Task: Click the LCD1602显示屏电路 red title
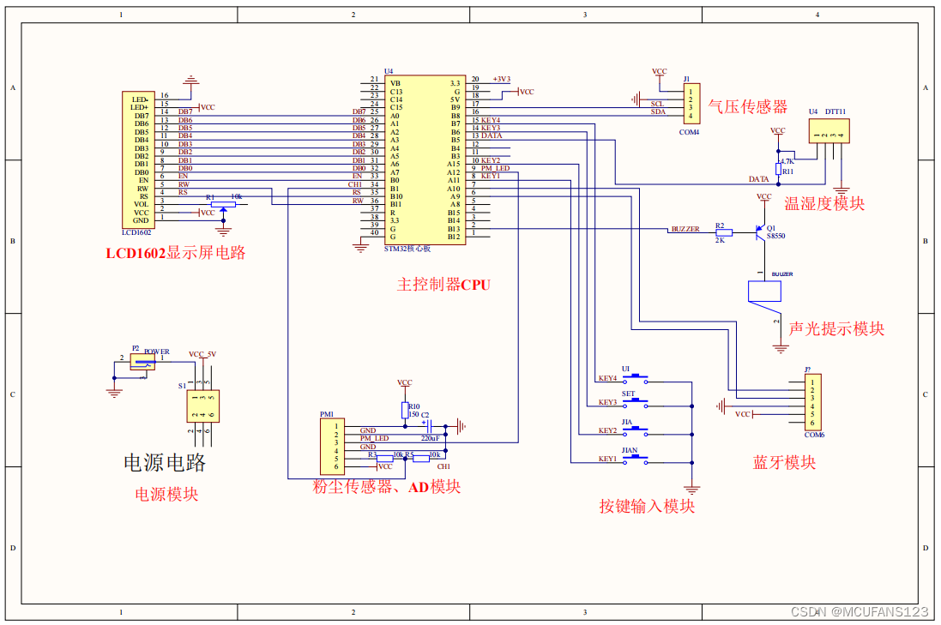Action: (176, 253)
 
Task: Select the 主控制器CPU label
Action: (443, 284)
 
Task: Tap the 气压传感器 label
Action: (747, 106)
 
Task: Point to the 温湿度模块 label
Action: (824, 203)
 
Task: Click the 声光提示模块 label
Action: (836, 328)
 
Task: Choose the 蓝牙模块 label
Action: (784, 462)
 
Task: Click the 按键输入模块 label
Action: (647, 506)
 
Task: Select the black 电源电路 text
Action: (165, 462)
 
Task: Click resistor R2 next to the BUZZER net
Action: (724, 232)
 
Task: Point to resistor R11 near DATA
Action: (778, 171)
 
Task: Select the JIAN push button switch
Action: (636, 460)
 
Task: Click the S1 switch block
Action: (203, 406)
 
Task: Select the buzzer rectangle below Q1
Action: (764, 291)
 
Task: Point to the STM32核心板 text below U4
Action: (407, 249)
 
